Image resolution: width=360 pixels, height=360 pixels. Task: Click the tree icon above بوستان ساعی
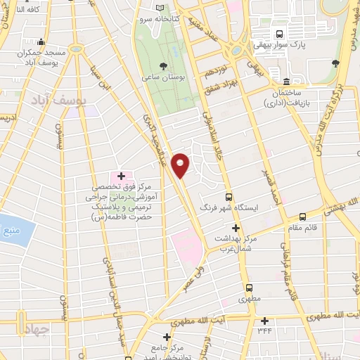point(163,65)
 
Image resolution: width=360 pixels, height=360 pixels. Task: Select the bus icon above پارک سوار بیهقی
point(280,34)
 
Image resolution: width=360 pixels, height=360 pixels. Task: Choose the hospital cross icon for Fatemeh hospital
point(121,175)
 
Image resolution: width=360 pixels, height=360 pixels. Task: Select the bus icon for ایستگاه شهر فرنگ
point(229,198)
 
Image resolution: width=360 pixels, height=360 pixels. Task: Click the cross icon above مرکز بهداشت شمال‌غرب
point(236,228)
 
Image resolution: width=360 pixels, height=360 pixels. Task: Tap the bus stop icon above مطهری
point(250,288)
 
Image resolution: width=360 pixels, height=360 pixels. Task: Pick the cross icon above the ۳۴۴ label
point(264,320)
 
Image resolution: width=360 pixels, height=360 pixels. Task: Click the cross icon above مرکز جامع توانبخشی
point(167,337)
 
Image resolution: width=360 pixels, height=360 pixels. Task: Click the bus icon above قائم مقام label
point(302,217)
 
